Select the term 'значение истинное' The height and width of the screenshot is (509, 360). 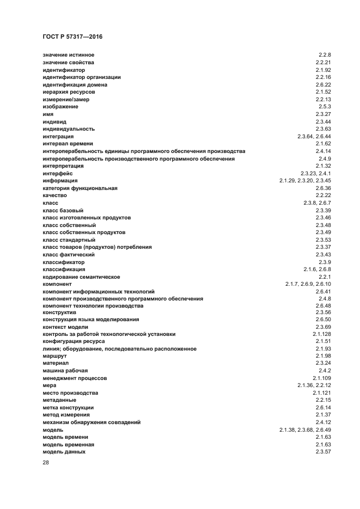(x=69, y=55)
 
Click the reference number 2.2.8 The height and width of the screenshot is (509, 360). (x=325, y=55)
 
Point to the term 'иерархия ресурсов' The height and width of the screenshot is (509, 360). (x=69, y=92)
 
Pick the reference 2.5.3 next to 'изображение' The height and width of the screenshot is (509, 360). (x=325, y=107)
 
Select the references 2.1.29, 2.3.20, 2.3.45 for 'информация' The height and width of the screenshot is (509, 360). (x=306, y=180)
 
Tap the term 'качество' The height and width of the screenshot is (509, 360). (x=54, y=195)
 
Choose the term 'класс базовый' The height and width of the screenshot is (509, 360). (x=63, y=210)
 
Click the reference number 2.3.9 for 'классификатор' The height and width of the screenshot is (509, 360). (x=325, y=261)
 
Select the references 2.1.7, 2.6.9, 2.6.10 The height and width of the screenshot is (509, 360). (x=308, y=284)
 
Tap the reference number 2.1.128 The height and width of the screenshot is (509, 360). (x=322, y=334)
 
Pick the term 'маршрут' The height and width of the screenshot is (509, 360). (x=54, y=357)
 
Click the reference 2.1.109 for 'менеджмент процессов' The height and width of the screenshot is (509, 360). (x=322, y=378)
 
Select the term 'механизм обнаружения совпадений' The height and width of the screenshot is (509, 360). (x=91, y=422)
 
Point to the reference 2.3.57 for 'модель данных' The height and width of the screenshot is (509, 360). (x=324, y=452)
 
